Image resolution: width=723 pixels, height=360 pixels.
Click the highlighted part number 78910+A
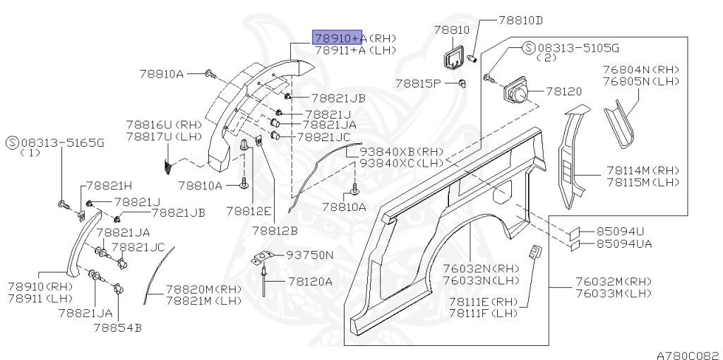(337, 38)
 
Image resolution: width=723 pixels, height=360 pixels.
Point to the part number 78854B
(117, 328)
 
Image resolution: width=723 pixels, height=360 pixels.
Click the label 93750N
(309, 254)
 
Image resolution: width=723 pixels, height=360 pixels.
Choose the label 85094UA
(624, 244)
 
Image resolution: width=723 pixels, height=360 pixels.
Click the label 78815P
(417, 83)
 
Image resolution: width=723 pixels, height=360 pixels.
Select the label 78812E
(249, 211)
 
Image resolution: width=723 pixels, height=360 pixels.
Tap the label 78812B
(275, 230)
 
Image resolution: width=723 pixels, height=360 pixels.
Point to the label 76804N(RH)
(641, 69)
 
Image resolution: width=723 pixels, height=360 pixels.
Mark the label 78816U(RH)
(164, 124)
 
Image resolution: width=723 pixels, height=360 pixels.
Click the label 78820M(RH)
(204, 289)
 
